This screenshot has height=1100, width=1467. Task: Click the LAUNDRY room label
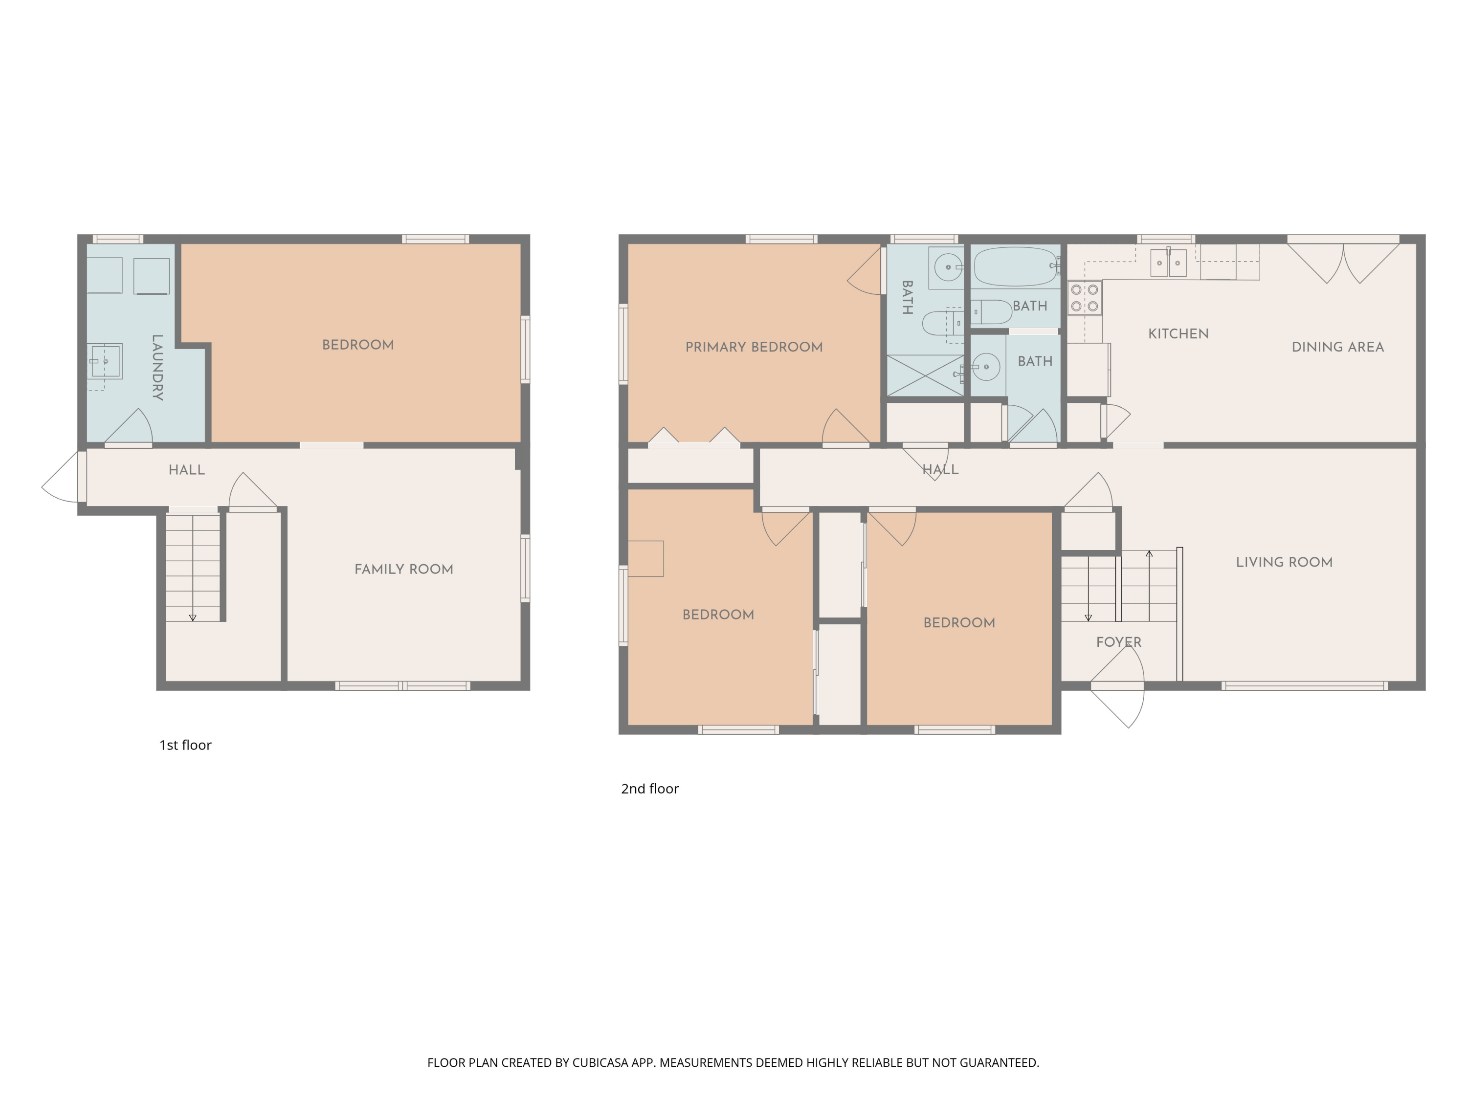(157, 367)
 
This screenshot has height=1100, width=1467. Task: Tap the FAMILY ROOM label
(403, 569)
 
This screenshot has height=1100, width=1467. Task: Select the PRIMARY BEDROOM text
(754, 347)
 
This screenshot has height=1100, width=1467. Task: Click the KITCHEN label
(1178, 333)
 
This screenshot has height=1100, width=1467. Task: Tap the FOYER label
(1118, 642)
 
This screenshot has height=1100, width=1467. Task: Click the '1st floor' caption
(185, 745)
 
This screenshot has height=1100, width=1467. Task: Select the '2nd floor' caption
(649, 789)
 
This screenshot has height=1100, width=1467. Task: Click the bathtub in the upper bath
(1015, 266)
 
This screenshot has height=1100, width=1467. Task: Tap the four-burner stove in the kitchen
(1084, 298)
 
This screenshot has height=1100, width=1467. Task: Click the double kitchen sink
(1168, 263)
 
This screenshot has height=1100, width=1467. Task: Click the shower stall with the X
(925, 375)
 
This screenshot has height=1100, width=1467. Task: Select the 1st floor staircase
(192, 568)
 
